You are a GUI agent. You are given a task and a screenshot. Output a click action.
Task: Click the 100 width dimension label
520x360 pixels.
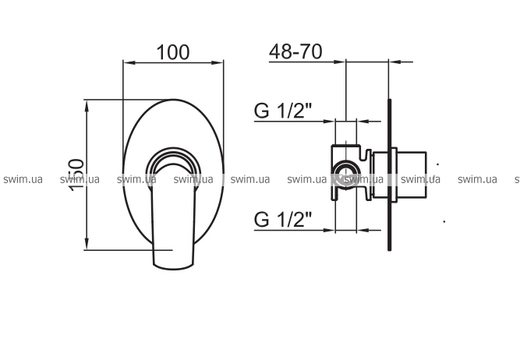173,52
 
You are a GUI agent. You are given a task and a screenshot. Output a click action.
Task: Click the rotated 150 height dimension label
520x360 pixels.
76,175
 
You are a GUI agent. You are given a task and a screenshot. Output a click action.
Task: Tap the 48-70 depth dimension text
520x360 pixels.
295,51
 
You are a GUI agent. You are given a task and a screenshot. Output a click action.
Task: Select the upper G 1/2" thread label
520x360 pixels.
283,111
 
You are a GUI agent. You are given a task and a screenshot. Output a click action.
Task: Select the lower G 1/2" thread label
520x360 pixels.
283,219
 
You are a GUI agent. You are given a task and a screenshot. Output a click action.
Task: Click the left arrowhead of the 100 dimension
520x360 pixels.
129,62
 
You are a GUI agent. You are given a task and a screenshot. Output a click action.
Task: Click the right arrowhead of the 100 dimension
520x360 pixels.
217,62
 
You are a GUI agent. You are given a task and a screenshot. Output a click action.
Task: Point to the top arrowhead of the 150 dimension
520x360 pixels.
87,106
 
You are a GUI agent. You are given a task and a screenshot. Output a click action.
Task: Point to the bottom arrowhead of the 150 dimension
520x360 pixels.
87,243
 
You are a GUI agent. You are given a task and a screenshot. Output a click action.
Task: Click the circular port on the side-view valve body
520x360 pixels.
346,175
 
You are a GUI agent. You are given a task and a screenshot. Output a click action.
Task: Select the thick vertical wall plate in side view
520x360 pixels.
389,175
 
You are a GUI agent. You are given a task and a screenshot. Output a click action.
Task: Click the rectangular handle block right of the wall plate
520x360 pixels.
412,175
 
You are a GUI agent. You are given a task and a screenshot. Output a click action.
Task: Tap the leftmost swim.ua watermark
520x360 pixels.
23,179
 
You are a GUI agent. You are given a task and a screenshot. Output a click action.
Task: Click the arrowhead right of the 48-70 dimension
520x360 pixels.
395,62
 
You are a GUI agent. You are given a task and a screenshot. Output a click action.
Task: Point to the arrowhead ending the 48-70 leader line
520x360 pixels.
339,62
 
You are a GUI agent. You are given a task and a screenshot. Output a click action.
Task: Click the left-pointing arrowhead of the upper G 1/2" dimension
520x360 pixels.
363,122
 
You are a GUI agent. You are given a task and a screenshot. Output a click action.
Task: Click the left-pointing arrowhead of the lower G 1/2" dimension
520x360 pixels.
363,230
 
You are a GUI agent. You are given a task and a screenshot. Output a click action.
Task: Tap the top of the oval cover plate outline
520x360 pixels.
173,100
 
